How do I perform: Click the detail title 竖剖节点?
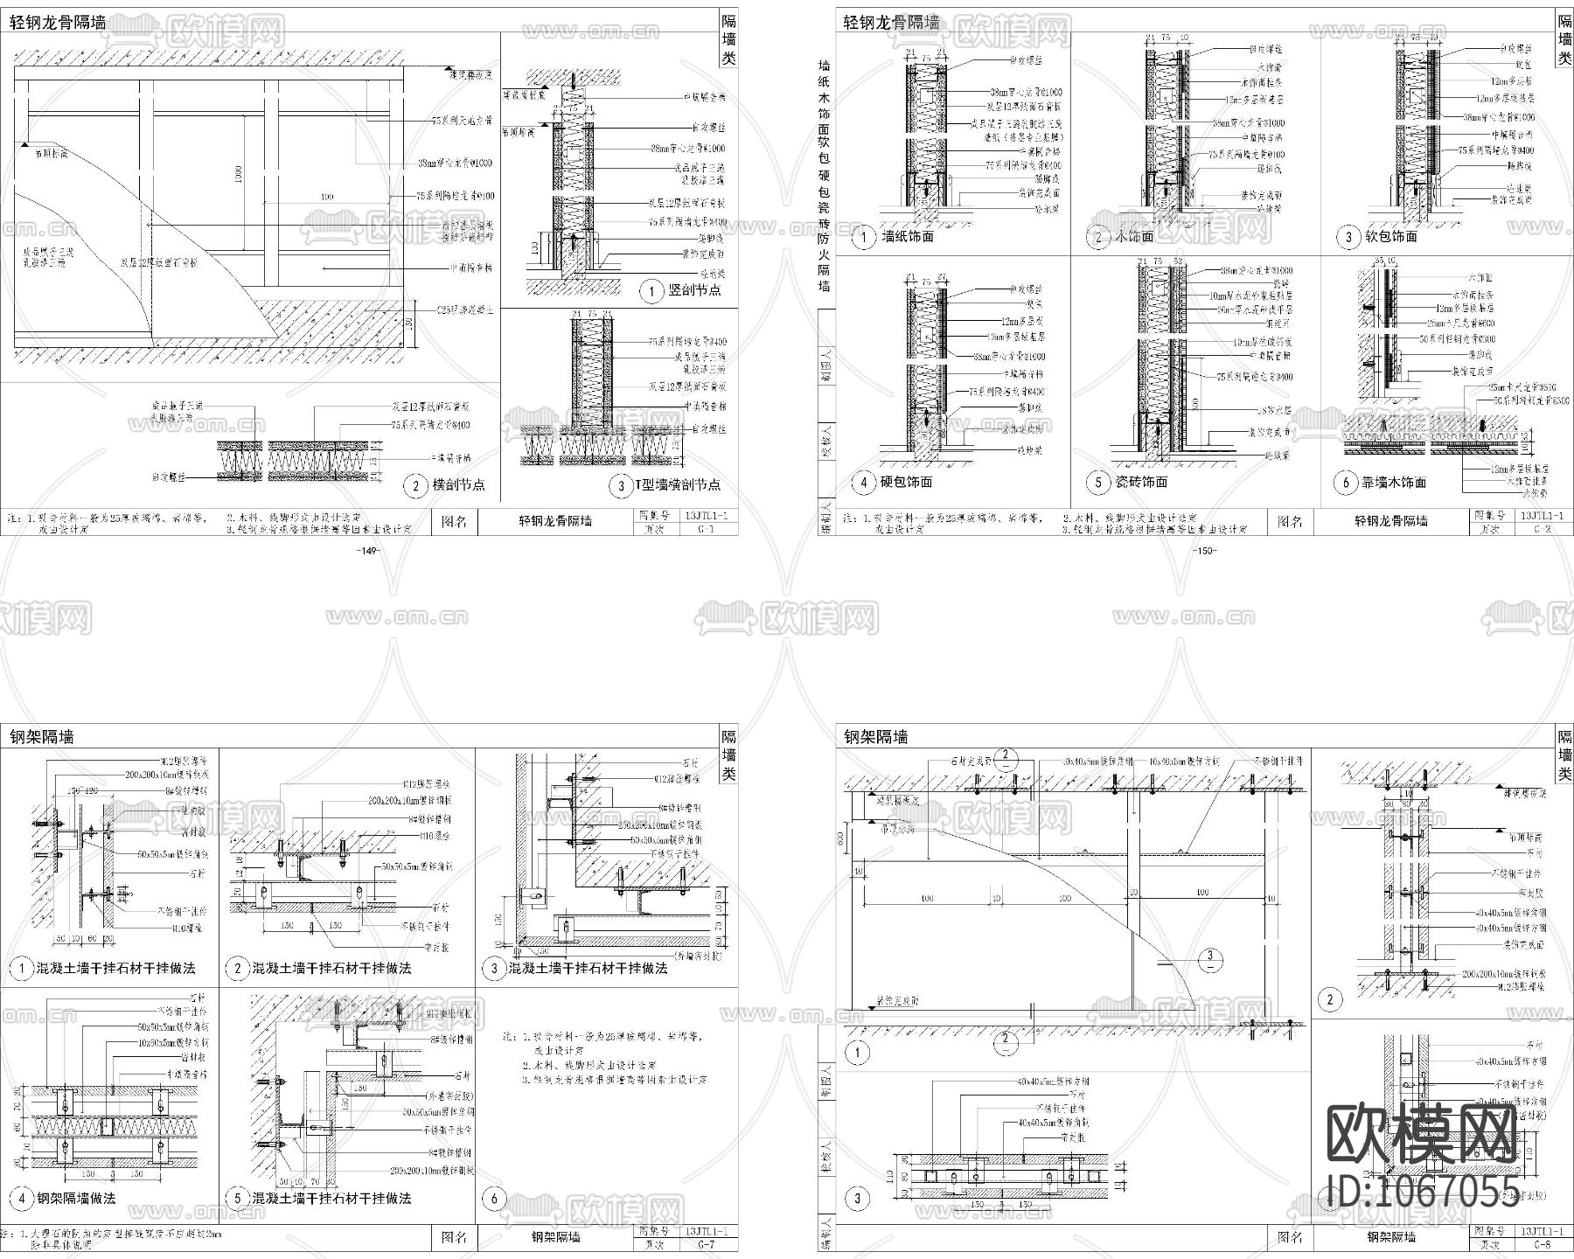[694, 290]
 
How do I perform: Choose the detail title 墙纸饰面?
[909, 237]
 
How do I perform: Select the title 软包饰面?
[1391, 237]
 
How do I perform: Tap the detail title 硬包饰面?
[908, 483]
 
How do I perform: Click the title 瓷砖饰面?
[1141, 483]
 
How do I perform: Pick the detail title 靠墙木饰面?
[1394, 483]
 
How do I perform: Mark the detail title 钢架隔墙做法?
[76, 1199]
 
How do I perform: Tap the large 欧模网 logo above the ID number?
[1423, 1134]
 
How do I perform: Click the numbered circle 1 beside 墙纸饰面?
[864, 237]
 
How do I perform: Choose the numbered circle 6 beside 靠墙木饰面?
[1346, 483]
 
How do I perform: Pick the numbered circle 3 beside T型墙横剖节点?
[621, 485]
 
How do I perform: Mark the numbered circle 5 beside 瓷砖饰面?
[1098, 483]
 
